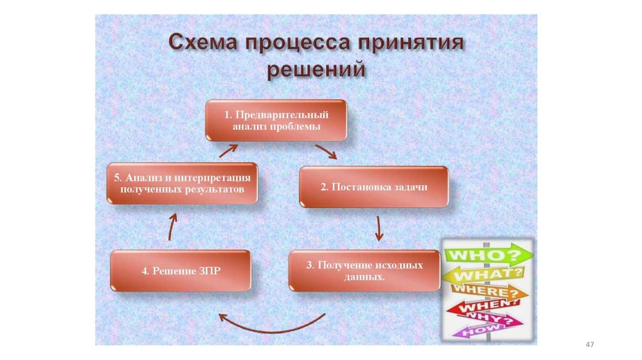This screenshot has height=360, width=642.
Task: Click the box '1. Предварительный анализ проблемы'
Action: tap(276, 120)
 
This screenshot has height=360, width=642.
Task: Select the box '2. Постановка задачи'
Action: tap(374, 187)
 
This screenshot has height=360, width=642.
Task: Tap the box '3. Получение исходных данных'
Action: tap(364, 270)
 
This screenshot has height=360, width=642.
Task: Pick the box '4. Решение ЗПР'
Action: tap(181, 271)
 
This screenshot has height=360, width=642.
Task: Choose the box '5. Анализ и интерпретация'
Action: tap(182, 183)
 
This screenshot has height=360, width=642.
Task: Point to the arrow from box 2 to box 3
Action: tap(378, 229)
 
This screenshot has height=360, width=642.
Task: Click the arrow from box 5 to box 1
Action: tap(228, 150)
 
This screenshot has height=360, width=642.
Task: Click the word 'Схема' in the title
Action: tap(203, 46)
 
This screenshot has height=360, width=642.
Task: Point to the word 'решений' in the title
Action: tap(316, 69)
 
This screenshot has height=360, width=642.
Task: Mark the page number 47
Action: tap(589, 345)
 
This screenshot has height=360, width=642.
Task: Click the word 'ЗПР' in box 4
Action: tap(208, 271)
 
